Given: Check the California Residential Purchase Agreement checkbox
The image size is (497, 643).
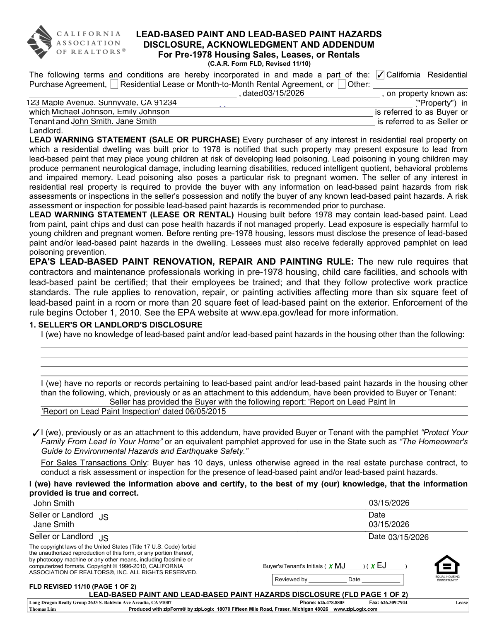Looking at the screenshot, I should click(x=380, y=75).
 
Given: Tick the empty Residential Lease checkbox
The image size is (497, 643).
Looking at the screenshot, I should click(x=115, y=84).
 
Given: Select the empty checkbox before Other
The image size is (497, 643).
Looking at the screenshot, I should click(x=341, y=84).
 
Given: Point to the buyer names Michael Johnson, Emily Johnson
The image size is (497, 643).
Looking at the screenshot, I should click(x=110, y=112).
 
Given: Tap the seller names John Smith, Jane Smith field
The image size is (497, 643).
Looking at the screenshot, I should click(x=114, y=121).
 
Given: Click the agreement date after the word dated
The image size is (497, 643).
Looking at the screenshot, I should click(x=284, y=93).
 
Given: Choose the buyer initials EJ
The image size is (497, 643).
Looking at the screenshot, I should click(x=381, y=566).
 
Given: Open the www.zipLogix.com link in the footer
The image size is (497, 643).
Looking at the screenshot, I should click(x=355, y=609).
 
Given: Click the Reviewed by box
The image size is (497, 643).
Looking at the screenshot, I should click(x=338, y=579).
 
